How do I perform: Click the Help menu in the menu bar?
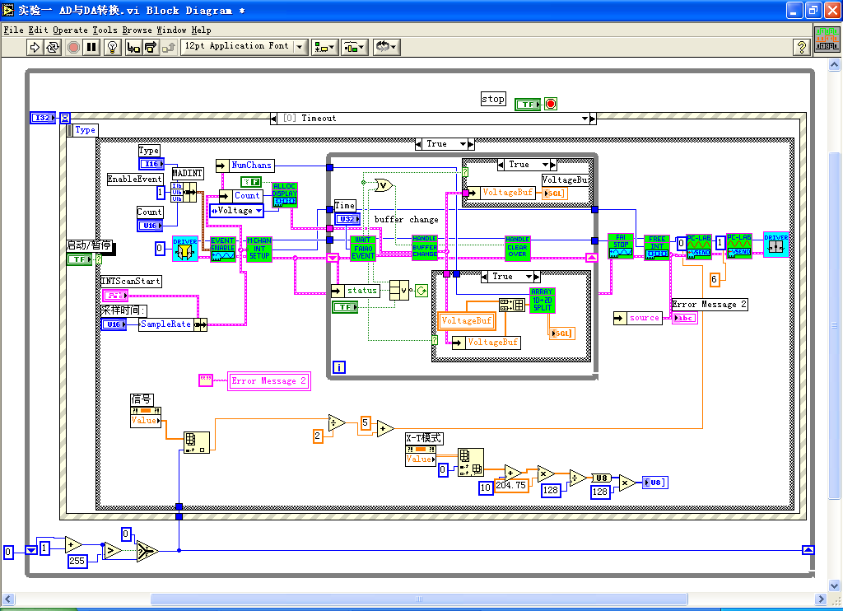[x=201, y=30]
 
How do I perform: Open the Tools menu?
[x=104, y=30]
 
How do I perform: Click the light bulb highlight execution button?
[x=114, y=47]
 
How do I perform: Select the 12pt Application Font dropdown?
[x=244, y=47]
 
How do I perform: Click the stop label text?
[x=492, y=99]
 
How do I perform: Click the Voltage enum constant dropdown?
[x=236, y=211]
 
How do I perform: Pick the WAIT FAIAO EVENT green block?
[x=362, y=248]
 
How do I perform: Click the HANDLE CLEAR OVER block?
[x=517, y=248]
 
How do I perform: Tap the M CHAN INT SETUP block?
[x=258, y=249]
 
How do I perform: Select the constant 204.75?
[x=510, y=487]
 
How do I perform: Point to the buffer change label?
[x=407, y=220]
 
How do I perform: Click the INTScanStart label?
[x=130, y=282]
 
